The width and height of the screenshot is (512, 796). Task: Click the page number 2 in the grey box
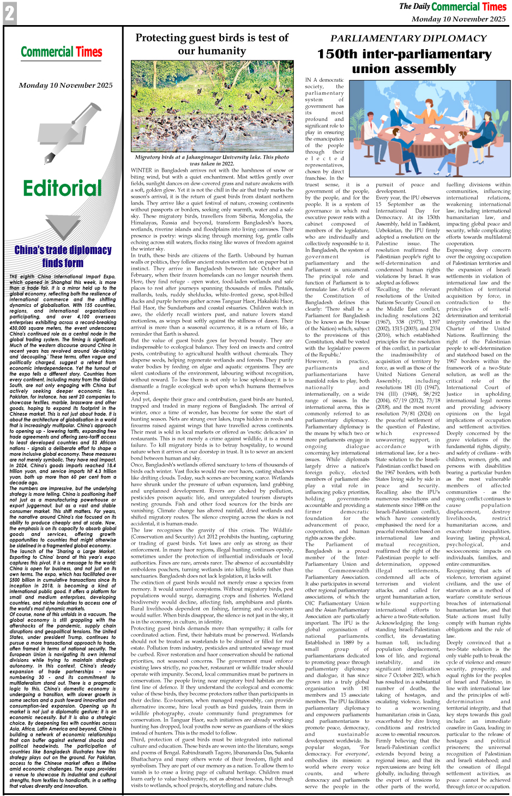coord(10,13)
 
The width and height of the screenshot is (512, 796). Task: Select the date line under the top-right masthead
coord(458,19)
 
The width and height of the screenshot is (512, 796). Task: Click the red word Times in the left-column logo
coord(89,52)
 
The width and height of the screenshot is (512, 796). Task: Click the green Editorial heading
coord(62,189)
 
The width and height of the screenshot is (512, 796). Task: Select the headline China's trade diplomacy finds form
coord(63,256)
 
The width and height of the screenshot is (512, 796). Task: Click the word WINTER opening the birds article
coord(141,171)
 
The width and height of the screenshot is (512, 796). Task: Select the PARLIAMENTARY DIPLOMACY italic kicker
coord(408,38)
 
